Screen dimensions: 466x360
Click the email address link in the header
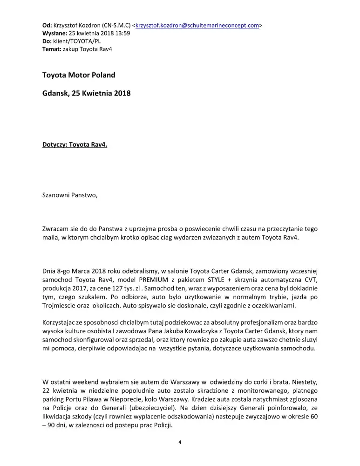click(x=197, y=26)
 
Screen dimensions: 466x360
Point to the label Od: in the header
click(x=47, y=26)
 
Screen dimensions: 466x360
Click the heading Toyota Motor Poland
click(x=79, y=75)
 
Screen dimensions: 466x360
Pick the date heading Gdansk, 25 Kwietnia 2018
click(x=87, y=93)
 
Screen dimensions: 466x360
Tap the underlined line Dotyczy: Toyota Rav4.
click(x=75, y=144)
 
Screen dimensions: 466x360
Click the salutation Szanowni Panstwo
click(x=70, y=195)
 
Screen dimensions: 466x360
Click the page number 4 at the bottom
click(x=180, y=443)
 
